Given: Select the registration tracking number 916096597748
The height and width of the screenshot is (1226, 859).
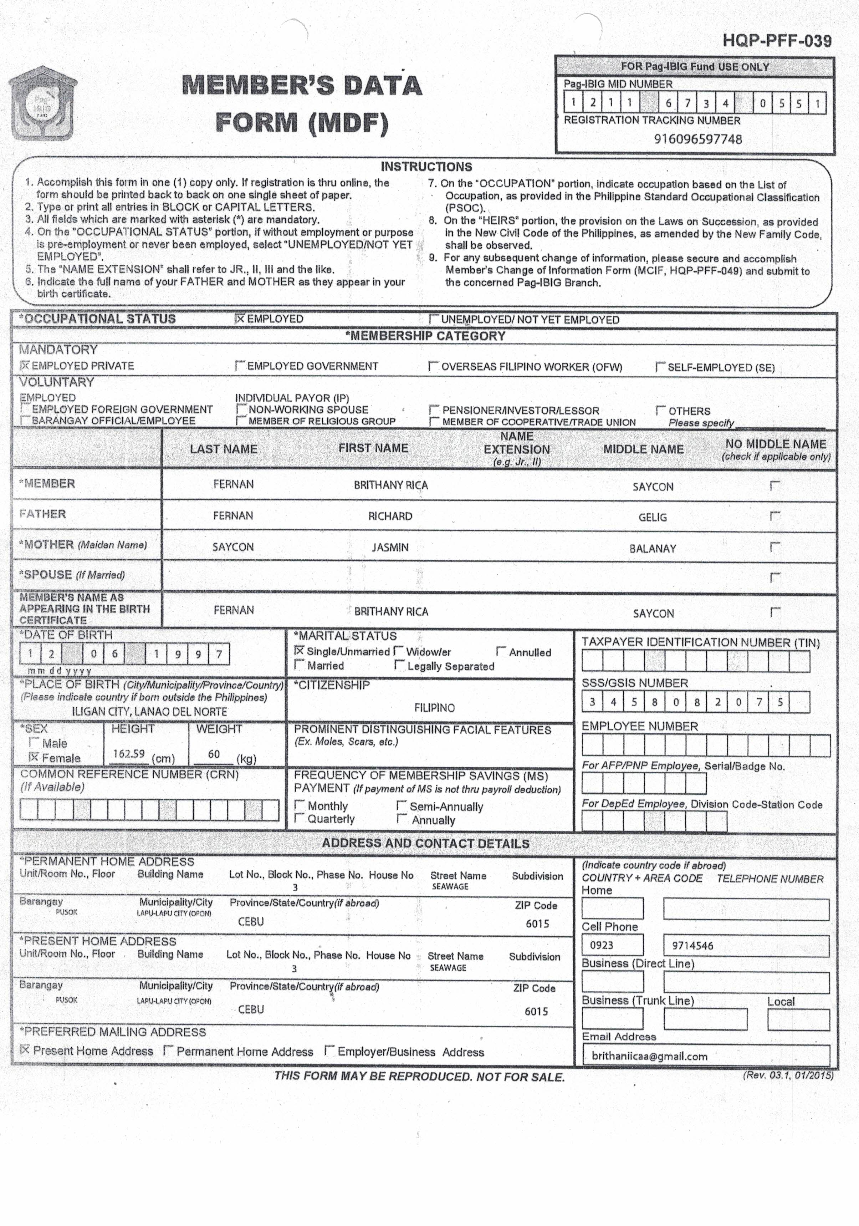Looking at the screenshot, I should pos(698,139).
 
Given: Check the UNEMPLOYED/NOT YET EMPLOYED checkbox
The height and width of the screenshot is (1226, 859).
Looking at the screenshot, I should pos(434,319).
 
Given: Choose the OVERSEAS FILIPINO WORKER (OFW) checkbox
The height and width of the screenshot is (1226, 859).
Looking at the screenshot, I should pos(434,366).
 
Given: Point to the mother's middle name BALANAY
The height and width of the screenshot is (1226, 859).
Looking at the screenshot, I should pos(653,548).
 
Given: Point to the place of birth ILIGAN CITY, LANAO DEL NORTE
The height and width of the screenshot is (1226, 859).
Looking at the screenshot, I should pos(149,712).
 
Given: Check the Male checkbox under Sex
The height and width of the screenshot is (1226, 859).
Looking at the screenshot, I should pos(34,743).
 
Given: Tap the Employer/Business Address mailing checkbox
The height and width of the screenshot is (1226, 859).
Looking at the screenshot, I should pos(330,1051).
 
